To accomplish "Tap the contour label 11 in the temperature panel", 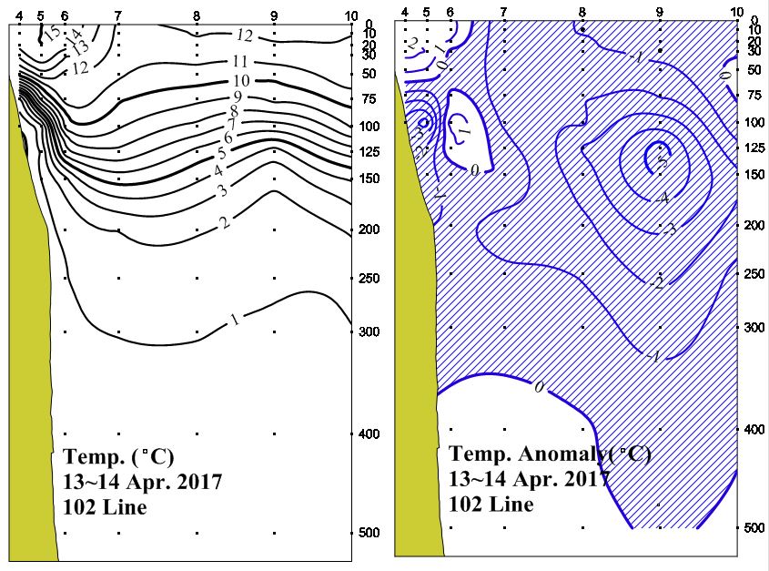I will pos(241,62).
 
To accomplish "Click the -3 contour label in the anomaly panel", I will pos(669,229).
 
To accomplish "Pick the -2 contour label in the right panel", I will pos(657,284).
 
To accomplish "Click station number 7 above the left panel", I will pos(118,15).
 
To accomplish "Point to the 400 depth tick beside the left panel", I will pos(369,434).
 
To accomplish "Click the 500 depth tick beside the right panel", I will pos(752,528).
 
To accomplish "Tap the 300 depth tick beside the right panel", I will pos(752,326).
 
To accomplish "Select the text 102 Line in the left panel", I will pos(105,507).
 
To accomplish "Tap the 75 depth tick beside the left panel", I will pos(369,99).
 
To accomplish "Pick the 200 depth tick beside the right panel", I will pos(752,224).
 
